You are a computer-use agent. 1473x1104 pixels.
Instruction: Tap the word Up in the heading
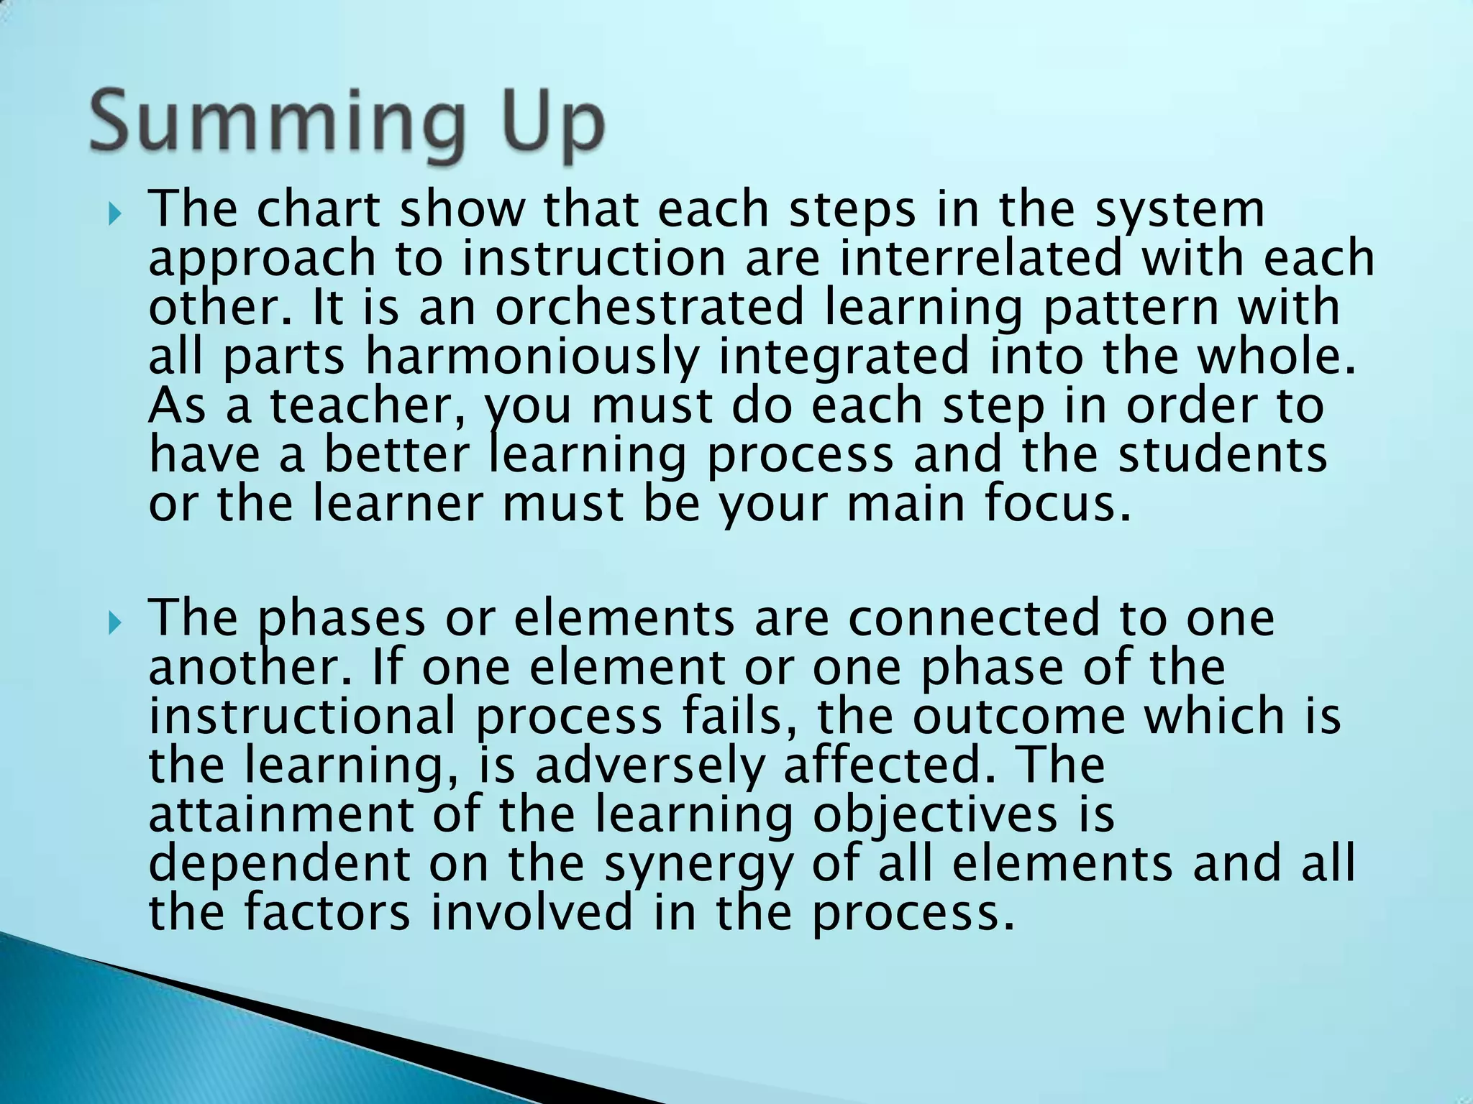[544, 122]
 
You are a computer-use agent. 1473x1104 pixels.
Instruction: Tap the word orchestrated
[649, 308]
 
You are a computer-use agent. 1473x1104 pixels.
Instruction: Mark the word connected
[973, 618]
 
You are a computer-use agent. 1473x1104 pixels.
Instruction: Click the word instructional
[303, 717]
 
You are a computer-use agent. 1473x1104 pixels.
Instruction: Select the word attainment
[281, 815]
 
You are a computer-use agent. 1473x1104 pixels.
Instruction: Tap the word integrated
[844, 358]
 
